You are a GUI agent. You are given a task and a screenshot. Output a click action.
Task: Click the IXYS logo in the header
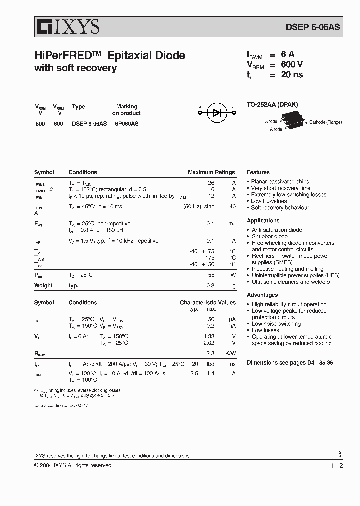pos(67,26)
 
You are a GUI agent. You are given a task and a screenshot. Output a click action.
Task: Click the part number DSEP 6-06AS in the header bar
pos(313,27)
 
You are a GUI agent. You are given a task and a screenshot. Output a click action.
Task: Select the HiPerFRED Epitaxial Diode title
pos(110,56)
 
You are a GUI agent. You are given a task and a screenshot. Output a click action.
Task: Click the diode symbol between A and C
pos(216,113)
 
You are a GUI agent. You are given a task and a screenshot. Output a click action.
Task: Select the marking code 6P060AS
pos(127,124)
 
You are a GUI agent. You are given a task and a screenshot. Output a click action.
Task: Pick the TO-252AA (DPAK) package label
pos(272,105)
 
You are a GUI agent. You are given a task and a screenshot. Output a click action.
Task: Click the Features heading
pos(258,172)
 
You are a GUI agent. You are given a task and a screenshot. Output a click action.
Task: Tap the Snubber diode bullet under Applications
pos(269,236)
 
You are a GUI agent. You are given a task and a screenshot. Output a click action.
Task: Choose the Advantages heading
pos(262,295)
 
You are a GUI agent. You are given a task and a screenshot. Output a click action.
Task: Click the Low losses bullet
pos(265,330)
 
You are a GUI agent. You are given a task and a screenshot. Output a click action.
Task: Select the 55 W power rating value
pos(211,275)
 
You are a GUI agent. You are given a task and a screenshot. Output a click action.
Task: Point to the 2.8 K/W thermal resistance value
pos(210,353)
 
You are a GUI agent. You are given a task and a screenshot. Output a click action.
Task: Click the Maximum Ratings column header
pos(211,172)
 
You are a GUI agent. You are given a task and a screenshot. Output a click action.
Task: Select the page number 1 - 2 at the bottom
pos(336,466)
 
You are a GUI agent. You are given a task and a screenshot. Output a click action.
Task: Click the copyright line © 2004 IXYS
pos(73,465)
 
